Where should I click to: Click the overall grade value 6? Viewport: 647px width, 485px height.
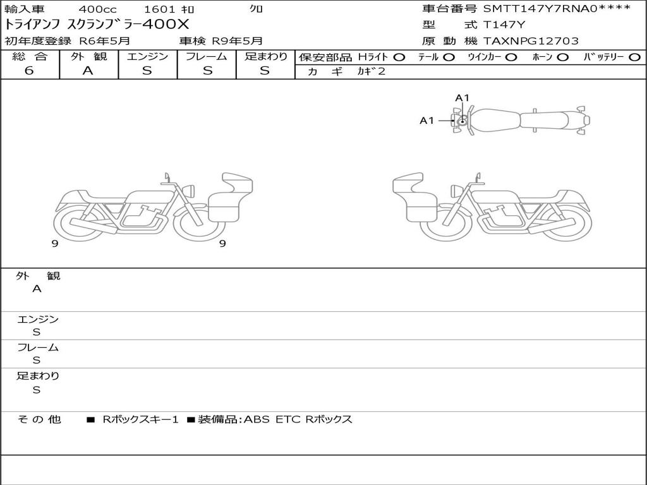29,71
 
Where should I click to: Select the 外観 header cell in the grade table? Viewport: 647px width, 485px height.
88,56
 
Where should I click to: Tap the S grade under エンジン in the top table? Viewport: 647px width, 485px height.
147,71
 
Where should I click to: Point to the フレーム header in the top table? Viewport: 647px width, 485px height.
207,56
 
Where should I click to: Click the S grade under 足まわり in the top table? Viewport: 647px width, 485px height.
265,71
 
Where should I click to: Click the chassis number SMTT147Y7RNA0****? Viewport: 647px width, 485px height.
557,9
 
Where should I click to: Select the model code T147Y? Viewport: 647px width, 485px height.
504,25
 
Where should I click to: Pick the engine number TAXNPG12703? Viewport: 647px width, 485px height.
531,41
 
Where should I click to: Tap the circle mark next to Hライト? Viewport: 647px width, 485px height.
399,57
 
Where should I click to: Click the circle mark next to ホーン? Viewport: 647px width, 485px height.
563,57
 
